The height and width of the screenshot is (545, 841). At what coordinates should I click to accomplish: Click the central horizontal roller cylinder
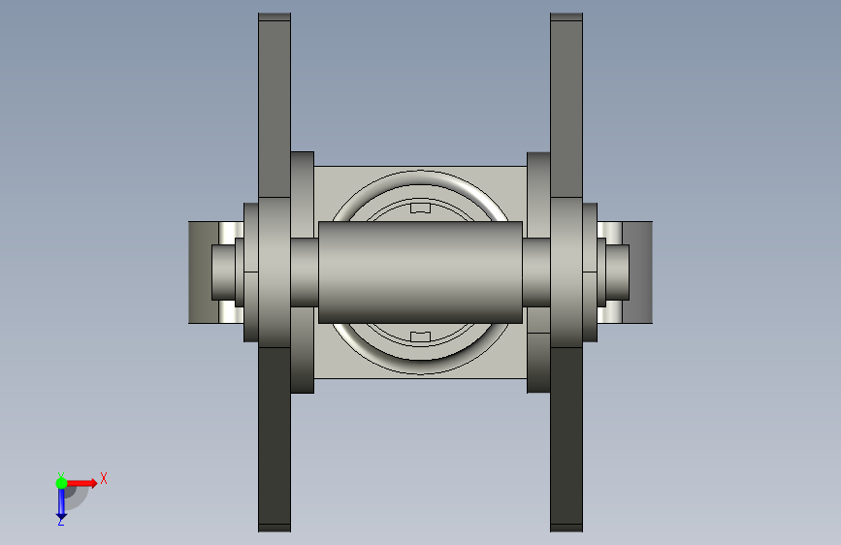pyautogui.click(x=420, y=272)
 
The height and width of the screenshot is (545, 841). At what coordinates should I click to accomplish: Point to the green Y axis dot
pyautogui.click(x=61, y=483)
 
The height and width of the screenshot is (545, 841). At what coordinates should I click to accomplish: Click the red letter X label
pyautogui.click(x=104, y=478)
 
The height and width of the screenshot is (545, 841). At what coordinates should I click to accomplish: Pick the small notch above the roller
pyautogui.click(x=421, y=208)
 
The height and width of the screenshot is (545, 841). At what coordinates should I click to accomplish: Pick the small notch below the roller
pyautogui.click(x=421, y=337)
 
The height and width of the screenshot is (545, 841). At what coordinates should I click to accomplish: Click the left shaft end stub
pyautogui.click(x=223, y=272)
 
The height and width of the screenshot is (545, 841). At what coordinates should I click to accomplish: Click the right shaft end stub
pyautogui.click(x=617, y=272)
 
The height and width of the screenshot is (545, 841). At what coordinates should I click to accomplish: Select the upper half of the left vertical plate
pyautogui.click(x=275, y=109)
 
